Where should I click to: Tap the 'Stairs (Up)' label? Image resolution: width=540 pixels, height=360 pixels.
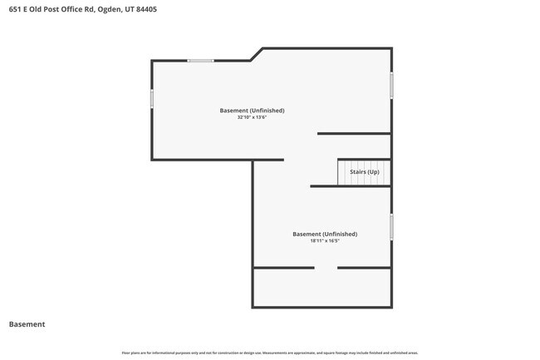[x=364, y=172]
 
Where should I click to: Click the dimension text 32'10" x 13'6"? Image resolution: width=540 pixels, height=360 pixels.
[x=252, y=117]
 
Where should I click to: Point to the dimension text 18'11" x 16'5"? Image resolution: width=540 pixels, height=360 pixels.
[x=325, y=241]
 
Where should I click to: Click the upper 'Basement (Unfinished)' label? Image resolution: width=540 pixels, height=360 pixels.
[x=252, y=110]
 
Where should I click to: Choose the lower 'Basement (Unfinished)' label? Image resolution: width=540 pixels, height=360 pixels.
[x=325, y=234]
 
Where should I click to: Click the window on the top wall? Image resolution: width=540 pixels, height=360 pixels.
[x=200, y=61]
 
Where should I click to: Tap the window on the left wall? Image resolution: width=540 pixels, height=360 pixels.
[x=152, y=98]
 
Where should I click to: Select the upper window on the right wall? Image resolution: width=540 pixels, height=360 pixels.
[x=391, y=85]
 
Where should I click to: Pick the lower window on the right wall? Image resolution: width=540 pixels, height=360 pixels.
[x=391, y=227]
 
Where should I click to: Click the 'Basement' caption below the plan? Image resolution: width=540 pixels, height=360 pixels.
[x=27, y=324]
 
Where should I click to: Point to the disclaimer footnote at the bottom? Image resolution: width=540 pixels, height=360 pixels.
[x=270, y=353]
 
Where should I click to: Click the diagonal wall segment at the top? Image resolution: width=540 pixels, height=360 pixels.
[x=257, y=54]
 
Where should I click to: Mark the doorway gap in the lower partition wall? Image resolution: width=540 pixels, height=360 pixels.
[x=326, y=268]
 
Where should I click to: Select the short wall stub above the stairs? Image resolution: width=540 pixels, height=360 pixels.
[x=354, y=133]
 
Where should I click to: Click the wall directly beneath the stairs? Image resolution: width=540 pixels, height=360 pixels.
[x=351, y=186]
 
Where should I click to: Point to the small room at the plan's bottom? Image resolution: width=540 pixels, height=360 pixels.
[x=322, y=288]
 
